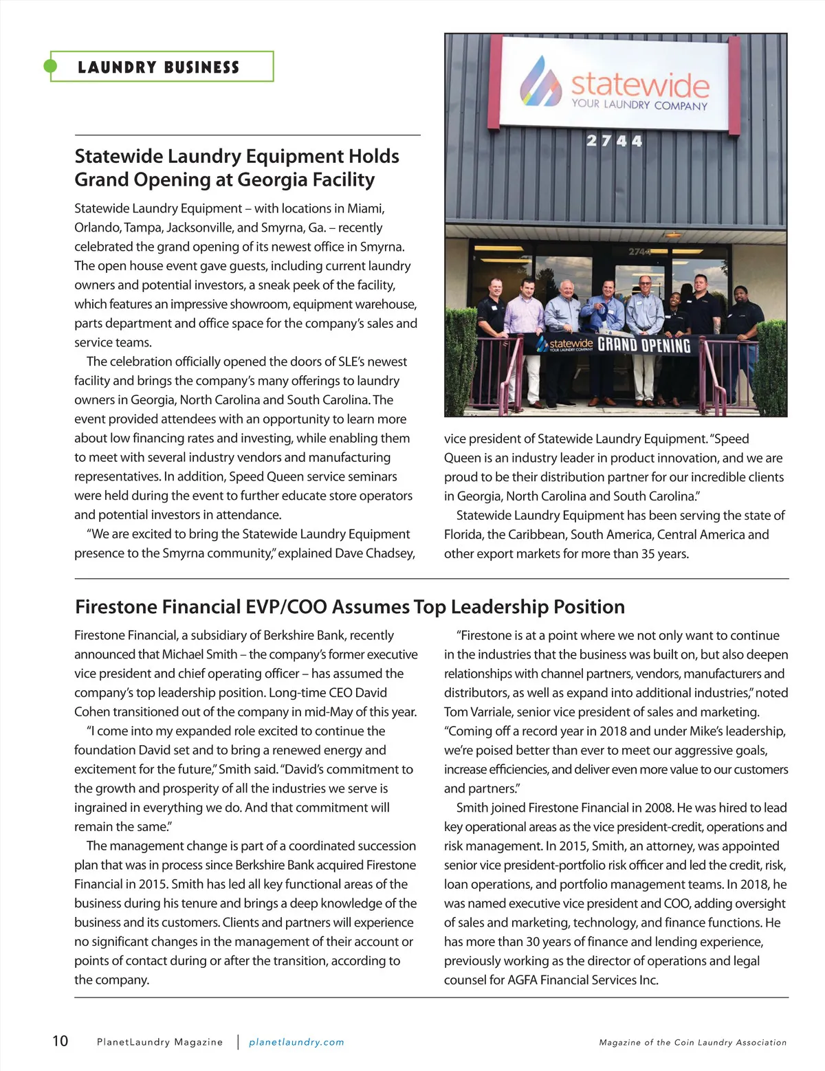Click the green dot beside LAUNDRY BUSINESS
point(50,66)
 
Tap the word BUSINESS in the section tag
point(201,67)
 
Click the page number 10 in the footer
point(60,1041)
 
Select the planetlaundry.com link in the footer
point(296,1042)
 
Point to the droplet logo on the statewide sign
point(540,81)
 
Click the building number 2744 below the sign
point(614,141)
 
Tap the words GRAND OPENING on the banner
point(643,344)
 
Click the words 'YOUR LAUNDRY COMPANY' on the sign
point(639,105)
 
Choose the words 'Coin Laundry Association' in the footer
point(730,1043)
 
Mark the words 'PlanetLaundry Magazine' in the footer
point(159,1042)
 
